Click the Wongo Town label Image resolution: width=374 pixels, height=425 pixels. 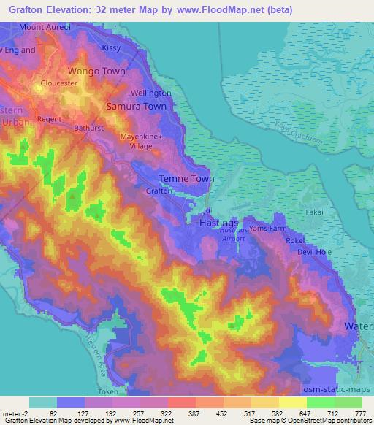[96, 72]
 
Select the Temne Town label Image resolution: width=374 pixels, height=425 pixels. [186, 179]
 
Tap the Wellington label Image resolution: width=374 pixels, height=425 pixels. [151, 93]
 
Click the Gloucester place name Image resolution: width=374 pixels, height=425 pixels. [59, 84]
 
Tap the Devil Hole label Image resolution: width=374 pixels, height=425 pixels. [315, 252]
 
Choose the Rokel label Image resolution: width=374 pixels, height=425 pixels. [315, 240]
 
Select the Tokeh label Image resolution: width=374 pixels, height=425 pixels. [129, 391]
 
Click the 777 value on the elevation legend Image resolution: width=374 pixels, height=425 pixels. [359, 413]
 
